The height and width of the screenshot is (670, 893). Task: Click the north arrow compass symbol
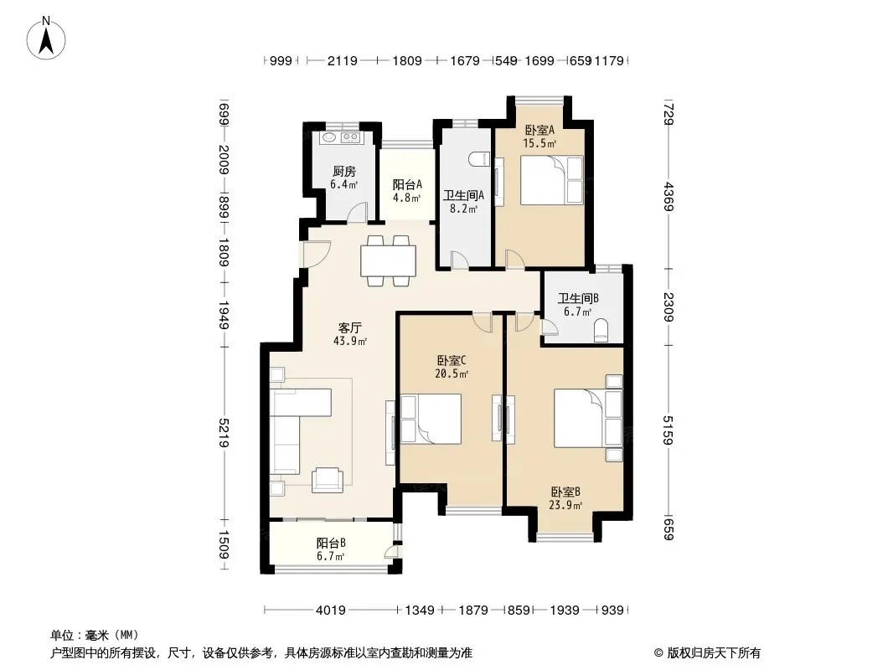pos(46,39)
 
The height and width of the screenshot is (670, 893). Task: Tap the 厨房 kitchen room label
pos(344,171)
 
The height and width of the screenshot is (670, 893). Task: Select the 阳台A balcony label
pos(407,184)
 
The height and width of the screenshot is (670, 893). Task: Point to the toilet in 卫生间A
pos(479,159)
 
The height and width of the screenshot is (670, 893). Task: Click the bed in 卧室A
pos(552,180)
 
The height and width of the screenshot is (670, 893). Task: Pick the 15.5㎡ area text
pos(539,143)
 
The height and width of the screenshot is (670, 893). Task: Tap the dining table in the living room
pos(388,260)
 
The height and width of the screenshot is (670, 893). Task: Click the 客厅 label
pos(349,328)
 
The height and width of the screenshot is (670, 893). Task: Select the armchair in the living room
pos(328,479)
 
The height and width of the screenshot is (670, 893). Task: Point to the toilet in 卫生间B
pos(601,330)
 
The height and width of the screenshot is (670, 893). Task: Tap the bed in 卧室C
pos(431,419)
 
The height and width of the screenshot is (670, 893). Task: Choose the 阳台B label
pos(331,543)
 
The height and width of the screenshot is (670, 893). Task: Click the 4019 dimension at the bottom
pos(331,611)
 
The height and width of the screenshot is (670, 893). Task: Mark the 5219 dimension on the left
pos(224,433)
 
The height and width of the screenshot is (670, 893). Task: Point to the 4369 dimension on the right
pos(668,196)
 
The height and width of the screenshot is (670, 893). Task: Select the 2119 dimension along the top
pos(343,60)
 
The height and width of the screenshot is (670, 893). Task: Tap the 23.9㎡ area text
pos(565,505)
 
